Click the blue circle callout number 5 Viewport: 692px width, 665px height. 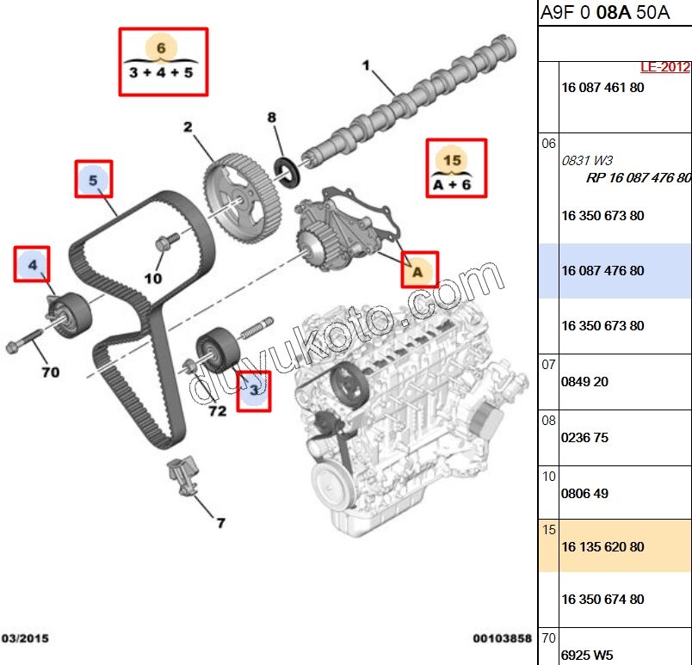[93, 181]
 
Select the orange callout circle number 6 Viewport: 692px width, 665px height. [161, 47]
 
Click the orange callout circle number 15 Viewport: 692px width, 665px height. [453, 159]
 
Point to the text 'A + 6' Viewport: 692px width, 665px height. [453, 182]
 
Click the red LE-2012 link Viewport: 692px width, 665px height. [664, 67]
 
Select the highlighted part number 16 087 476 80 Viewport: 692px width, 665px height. [602, 271]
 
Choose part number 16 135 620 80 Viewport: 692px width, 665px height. [602, 547]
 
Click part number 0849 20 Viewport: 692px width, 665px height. [584, 382]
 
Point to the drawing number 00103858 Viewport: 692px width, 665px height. [501, 638]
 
